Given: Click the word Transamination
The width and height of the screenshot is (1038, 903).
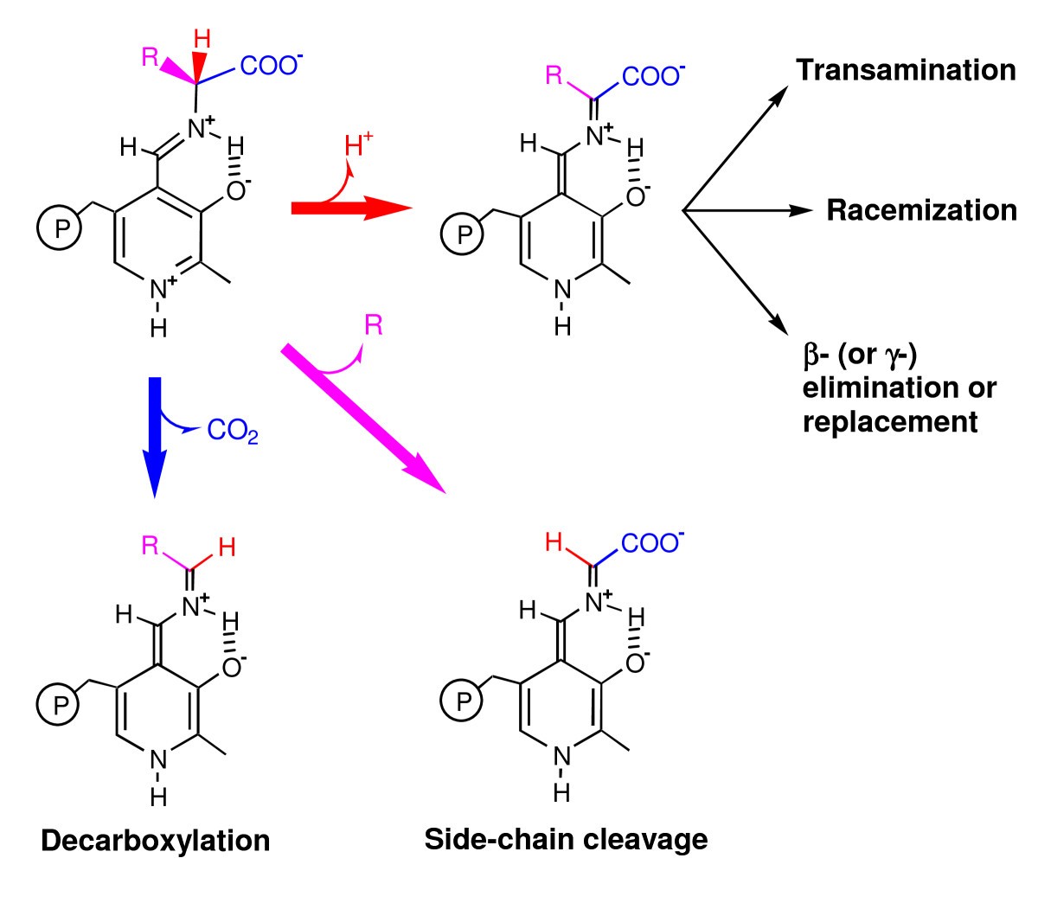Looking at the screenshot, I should click(906, 70).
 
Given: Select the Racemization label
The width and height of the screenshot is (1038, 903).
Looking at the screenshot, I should click(921, 210).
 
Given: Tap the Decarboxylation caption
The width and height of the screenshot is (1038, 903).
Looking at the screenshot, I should click(156, 840).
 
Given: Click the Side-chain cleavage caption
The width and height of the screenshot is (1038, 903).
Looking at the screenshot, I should click(566, 838).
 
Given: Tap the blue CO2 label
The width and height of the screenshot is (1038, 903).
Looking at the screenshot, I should click(232, 431).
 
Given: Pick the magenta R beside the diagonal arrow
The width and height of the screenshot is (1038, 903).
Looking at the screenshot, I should click(374, 326).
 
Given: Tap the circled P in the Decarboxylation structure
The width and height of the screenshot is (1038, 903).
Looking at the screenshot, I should click(58, 704).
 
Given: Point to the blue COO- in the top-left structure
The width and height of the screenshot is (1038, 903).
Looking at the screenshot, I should click(269, 66).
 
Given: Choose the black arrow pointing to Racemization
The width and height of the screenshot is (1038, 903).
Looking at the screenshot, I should click(748, 210).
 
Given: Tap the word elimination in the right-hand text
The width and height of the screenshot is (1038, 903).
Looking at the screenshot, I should click(899, 387).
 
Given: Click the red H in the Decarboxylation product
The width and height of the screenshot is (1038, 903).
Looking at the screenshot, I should click(227, 547).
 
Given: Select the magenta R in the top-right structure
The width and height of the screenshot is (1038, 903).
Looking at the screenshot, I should click(554, 75).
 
